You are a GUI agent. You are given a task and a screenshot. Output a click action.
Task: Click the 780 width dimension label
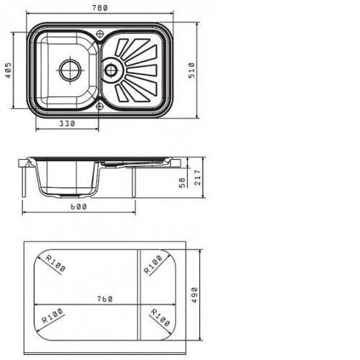[100, 8]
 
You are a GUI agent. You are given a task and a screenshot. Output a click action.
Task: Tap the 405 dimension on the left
[8, 71]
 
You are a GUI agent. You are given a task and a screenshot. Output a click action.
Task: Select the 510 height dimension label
[192, 71]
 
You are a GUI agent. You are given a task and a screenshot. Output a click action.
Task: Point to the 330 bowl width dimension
[67, 124]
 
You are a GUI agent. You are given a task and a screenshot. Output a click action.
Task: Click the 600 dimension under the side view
[78, 207]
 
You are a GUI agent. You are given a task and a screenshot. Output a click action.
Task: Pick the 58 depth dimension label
[182, 182]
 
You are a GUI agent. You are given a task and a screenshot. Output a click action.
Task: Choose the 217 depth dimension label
[197, 178]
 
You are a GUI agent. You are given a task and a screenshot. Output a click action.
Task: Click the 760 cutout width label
[104, 299]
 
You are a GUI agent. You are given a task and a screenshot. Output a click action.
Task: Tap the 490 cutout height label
[194, 295]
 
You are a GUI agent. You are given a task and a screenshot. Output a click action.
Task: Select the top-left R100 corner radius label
[55, 264]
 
